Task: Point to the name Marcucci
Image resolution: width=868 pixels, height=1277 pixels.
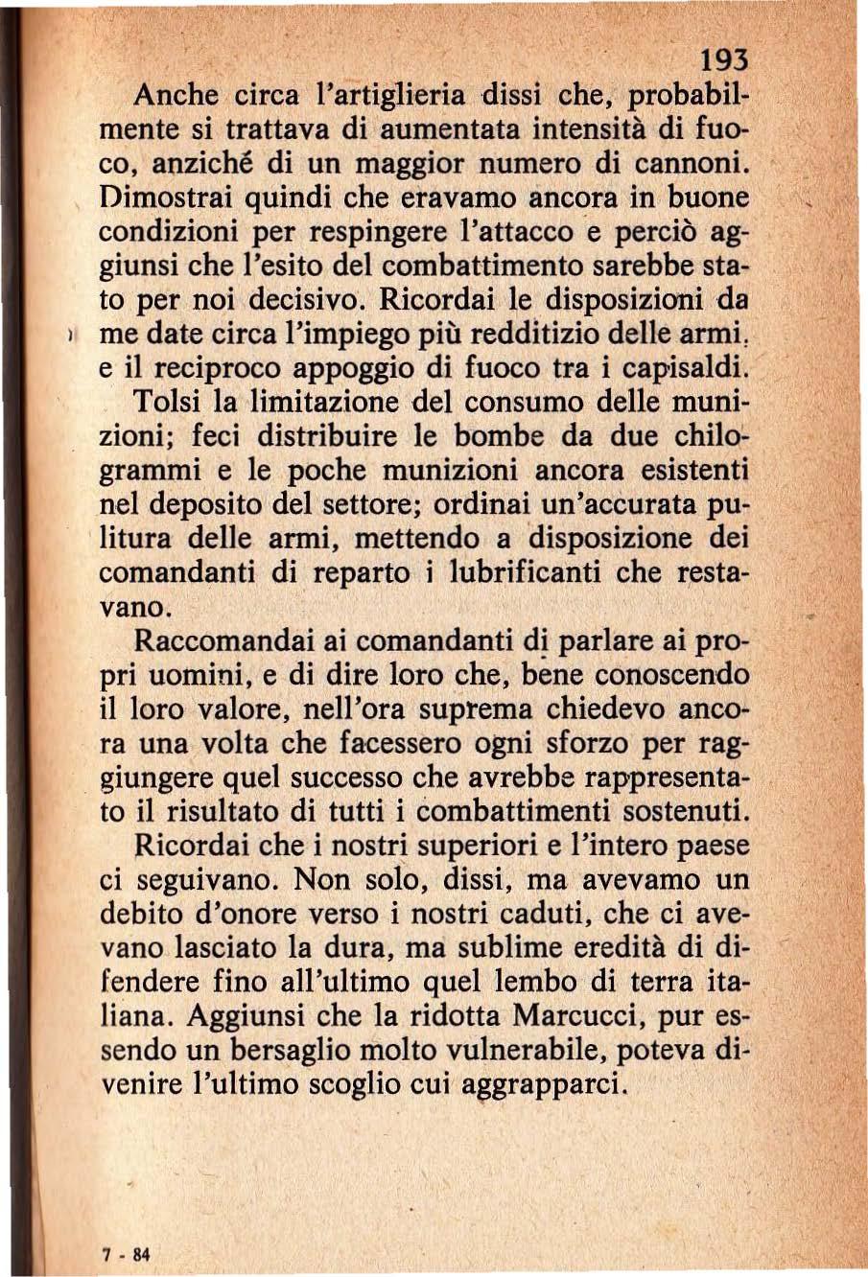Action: point(580,1015)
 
